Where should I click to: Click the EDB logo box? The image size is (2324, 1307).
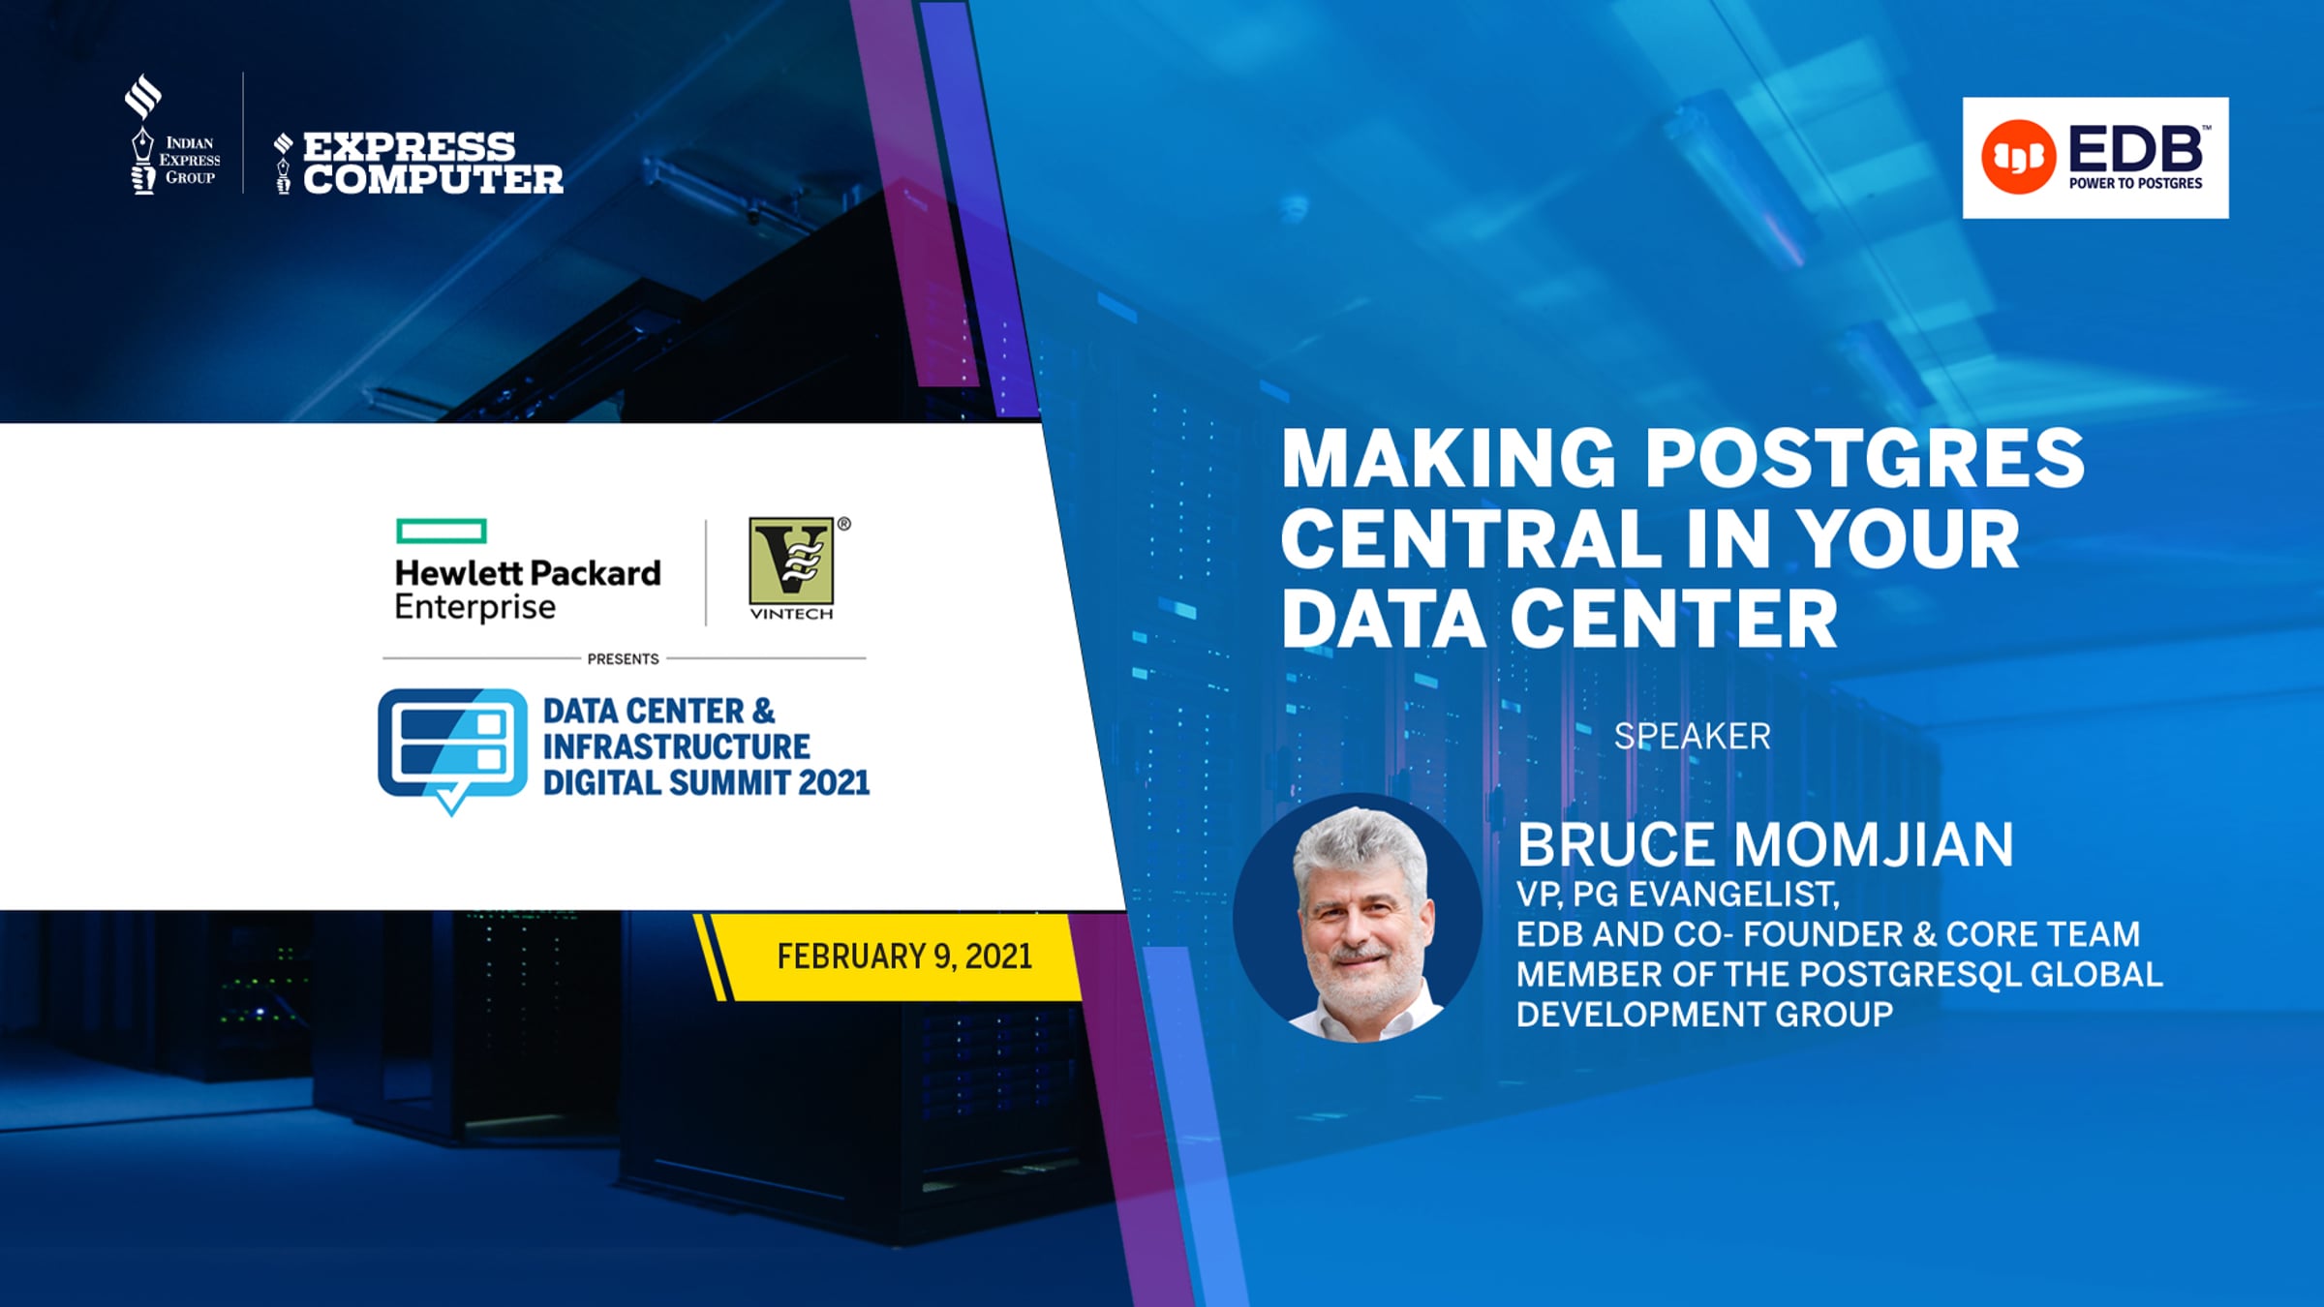pos(2095,158)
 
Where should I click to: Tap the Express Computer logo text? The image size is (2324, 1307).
pos(433,164)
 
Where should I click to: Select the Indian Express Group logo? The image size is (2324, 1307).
pos(172,135)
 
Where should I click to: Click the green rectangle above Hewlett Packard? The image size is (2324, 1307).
pos(442,531)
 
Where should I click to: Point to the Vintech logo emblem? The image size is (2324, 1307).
pos(791,561)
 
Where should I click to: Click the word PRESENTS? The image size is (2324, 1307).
pos(623,659)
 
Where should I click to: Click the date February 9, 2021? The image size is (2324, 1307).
pos(904,957)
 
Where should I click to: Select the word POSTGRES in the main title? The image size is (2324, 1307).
pos(1865,458)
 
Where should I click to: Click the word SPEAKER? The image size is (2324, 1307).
pos(1692,737)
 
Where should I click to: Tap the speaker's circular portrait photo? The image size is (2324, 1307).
pos(1358,918)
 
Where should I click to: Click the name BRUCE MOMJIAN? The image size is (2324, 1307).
pos(1765,845)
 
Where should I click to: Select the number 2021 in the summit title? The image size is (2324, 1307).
pos(834,782)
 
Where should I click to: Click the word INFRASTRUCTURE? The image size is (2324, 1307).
pos(676,746)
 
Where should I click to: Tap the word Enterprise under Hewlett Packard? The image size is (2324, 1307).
pos(475,608)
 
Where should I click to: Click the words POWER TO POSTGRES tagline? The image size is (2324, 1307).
pos(2135,183)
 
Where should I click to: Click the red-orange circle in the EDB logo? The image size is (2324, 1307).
pos(2019,157)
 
